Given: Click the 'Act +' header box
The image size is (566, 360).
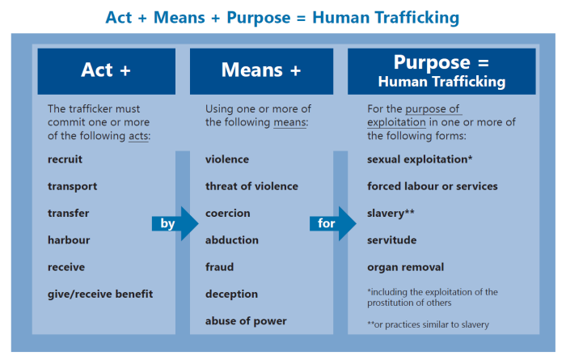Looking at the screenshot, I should pyautogui.click(x=106, y=70).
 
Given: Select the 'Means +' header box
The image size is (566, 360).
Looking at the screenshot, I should pyautogui.click(x=260, y=70).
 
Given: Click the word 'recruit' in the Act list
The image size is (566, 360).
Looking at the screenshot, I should pyautogui.click(x=65, y=159).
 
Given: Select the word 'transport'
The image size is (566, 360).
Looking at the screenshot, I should pyautogui.click(x=72, y=186).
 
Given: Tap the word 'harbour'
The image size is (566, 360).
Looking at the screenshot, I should pyautogui.click(x=69, y=240).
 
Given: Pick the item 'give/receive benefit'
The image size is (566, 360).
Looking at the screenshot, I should pyautogui.click(x=100, y=294).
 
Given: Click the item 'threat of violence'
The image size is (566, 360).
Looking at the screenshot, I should pyautogui.click(x=251, y=186).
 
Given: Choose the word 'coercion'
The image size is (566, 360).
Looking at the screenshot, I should pyautogui.click(x=228, y=214).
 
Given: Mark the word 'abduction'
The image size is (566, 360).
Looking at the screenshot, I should pyautogui.click(x=232, y=240).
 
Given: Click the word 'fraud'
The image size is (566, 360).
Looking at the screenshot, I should pyautogui.click(x=219, y=267).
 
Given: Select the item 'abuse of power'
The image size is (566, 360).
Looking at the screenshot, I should pyautogui.click(x=246, y=321).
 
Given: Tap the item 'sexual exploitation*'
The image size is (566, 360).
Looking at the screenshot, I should pyautogui.click(x=420, y=159).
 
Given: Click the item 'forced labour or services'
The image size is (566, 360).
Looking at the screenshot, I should pyautogui.click(x=433, y=186).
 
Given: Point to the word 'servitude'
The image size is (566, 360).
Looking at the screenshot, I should pyautogui.click(x=392, y=240).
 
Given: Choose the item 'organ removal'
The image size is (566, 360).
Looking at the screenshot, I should pyautogui.click(x=405, y=267).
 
